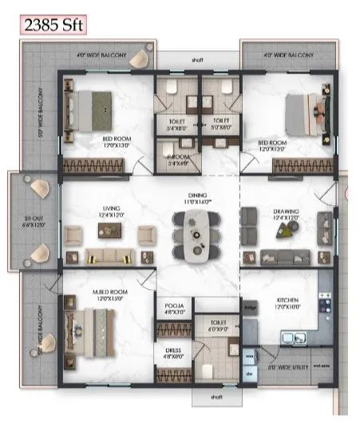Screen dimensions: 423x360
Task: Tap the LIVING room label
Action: (x=111, y=210)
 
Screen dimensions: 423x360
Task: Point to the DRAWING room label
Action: (x=285, y=211)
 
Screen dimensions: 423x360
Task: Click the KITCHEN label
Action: (x=287, y=302)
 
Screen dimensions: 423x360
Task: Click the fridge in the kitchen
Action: (x=250, y=306)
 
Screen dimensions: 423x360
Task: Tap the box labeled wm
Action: (x=249, y=356)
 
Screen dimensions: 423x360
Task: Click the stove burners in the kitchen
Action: (x=326, y=301)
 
